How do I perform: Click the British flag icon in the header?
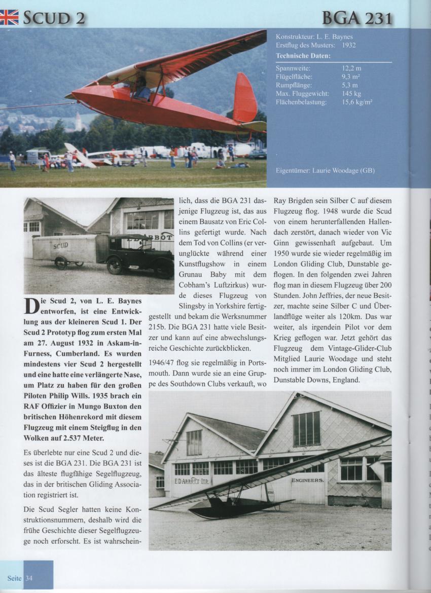[x=9, y=17]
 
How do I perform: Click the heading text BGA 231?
[x=358, y=18]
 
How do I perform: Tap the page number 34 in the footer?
[x=29, y=578]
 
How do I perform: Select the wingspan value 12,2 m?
[x=351, y=67]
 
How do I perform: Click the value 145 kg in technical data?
[x=351, y=94]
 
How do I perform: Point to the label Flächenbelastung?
[x=301, y=102]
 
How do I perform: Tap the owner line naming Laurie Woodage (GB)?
[x=325, y=171]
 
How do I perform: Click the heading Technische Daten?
[x=303, y=56]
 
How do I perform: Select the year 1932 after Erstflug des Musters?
[x=349, y=45]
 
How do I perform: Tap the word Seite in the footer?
[x=14, y=578]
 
